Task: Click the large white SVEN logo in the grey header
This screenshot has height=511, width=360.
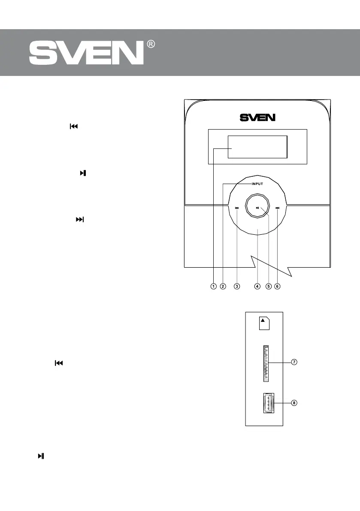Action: [x=86, y=54]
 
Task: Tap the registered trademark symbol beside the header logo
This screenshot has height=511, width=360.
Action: [x=151, y=45]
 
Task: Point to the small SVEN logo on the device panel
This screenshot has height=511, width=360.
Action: [x=257, y=117]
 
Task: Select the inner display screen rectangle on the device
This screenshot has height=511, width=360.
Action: [x=257, y=147]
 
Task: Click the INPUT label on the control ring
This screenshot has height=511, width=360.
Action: [x=257, y=184]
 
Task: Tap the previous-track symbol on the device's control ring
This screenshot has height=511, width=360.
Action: [x=237, y=209]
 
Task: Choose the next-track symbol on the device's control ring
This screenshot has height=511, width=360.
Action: [x=278, y=209]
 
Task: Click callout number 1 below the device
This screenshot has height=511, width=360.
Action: [x=213, y=286]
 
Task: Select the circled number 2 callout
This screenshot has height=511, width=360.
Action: [x=223, y=286]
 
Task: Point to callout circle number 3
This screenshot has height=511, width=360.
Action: [x=237, y=286]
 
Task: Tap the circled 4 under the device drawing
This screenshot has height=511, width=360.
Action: [x=257, y=286]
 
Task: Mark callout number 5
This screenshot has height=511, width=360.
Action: [x=268, y=286]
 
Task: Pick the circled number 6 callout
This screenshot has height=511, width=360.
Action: [x=277, y=286]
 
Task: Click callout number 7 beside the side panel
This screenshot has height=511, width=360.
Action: [x=294, y=362]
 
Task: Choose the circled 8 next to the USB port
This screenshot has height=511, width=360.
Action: [x=294, y=403]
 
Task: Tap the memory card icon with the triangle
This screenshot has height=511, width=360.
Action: [x=264, y=323]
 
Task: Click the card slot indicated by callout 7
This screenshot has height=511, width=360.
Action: [x=264, y=363]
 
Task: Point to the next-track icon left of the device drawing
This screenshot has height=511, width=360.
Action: [x=80, y=219]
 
